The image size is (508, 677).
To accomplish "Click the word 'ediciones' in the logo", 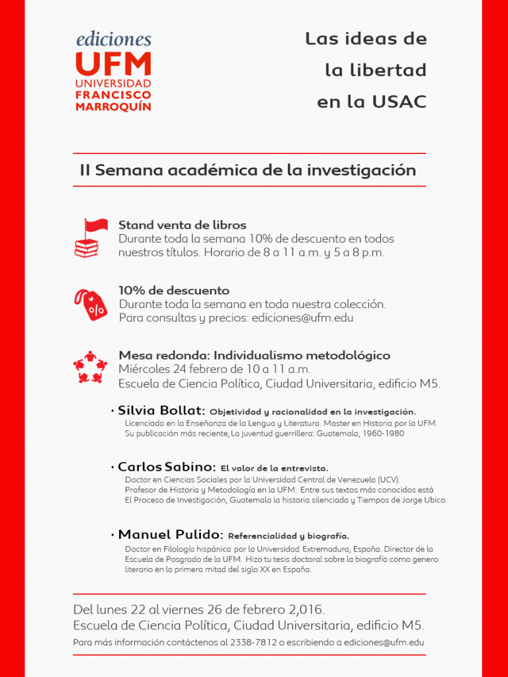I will (x=113, y=39).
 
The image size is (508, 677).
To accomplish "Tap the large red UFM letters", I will (x=113, y=65).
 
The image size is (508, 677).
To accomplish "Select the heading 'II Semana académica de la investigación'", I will (x=248, y=170).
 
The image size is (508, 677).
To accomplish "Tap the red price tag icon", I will (x=90, y=304).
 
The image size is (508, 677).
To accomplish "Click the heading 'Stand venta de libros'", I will (x=182, y=225).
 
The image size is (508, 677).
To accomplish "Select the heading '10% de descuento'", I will (x=174, y=290).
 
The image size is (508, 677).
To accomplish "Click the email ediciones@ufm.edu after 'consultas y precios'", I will (x=302, y=317).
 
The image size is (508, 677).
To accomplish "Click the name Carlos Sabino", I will (x=167, y=467).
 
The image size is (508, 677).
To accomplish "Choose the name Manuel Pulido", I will (x=170, y=534).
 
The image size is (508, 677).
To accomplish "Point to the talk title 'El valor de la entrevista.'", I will (x=275, y=468).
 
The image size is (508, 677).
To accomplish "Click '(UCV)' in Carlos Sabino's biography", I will (x=389, y=479).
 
